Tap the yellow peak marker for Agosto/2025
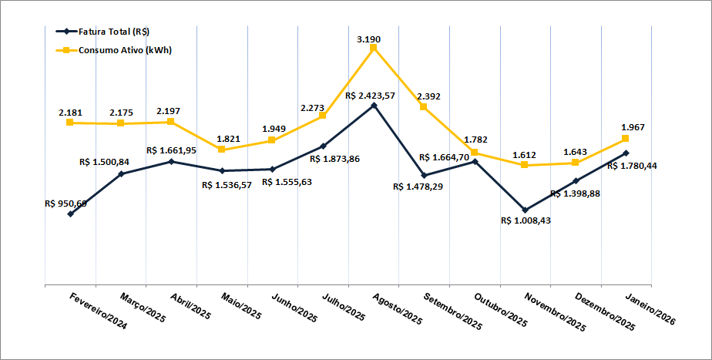click(x=374, y=48)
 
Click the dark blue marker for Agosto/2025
click(x=374, y=105)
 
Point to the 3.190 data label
click(x=369, y=39)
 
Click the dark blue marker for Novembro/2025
click(x=525, y=210)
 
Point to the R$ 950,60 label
click(x=65, y=204)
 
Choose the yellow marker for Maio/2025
click(x=222, y=149)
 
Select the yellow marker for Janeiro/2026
click(x=626, y=139)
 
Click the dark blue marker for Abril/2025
click(x=171, y=162)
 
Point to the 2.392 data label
click(x=428, y=96)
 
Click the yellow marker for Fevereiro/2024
click(x=70, y=123)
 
